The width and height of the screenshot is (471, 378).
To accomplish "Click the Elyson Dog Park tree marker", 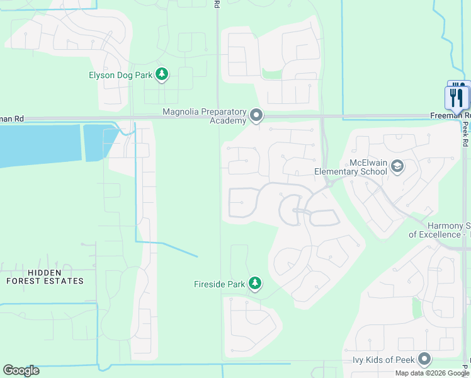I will tap(162, 75).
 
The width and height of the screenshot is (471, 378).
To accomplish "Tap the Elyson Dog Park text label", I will tap(120, 75).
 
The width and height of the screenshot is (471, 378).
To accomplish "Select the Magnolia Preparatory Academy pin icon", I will tap(256, 115).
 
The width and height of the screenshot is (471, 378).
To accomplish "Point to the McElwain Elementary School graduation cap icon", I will tap(397, 166).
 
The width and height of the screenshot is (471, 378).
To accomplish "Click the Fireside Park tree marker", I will tap(255, 283).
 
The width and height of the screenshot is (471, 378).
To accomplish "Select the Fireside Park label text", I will tap(218, 284).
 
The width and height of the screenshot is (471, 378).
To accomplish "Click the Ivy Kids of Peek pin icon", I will tap(424, 360).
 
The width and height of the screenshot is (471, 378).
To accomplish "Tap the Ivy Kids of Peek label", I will tap(383, 360).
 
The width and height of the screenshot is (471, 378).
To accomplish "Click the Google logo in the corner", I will tap(21, 370).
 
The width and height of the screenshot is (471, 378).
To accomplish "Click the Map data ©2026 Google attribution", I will tap(432, 373).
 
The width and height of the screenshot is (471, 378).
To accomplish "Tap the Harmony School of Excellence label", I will tap(440, 230).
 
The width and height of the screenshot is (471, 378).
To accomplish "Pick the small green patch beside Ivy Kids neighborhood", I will tap(416, 308).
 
